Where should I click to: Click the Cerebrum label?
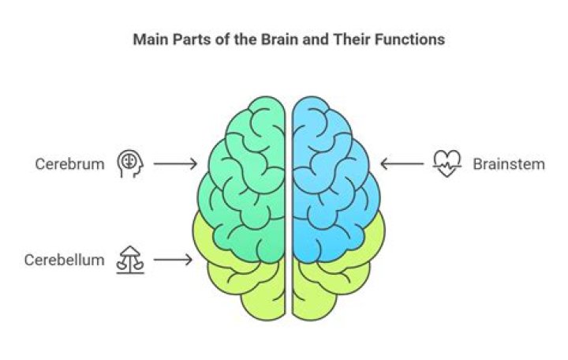point(69,163)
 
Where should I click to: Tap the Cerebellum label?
point(64,259)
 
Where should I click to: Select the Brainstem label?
point(509,164)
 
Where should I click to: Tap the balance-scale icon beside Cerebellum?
point(130,258)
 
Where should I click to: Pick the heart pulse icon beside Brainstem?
point(446,164)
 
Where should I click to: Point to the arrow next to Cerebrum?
point(175,163)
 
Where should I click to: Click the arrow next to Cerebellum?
point(173,258)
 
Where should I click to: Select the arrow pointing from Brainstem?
point(401,164)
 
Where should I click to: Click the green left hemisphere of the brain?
point(245,174)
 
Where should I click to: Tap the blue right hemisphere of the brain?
point(331,174)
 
